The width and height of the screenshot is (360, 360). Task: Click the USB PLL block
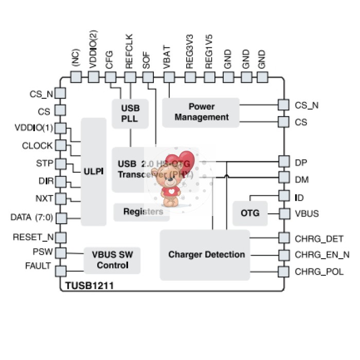click(130, 114)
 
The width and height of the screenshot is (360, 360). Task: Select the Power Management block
click(201, 112)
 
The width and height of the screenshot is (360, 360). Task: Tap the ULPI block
click(94, 171)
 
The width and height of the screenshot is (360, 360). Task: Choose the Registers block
click(141, 211)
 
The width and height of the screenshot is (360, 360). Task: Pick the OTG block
click(250, 213)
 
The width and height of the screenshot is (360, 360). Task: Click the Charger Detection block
click(206, 255)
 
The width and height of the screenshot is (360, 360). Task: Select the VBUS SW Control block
click(113, 260)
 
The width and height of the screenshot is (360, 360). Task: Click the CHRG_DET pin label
click(319, 238)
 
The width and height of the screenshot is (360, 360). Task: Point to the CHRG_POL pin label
click(319, 272)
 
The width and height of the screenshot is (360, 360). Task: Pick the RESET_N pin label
click(33, 237)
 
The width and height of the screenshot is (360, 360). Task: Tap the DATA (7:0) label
click(31, 217)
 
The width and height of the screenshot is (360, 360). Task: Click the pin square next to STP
click(61, 164)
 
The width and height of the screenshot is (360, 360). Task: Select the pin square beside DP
click(283, 162)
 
